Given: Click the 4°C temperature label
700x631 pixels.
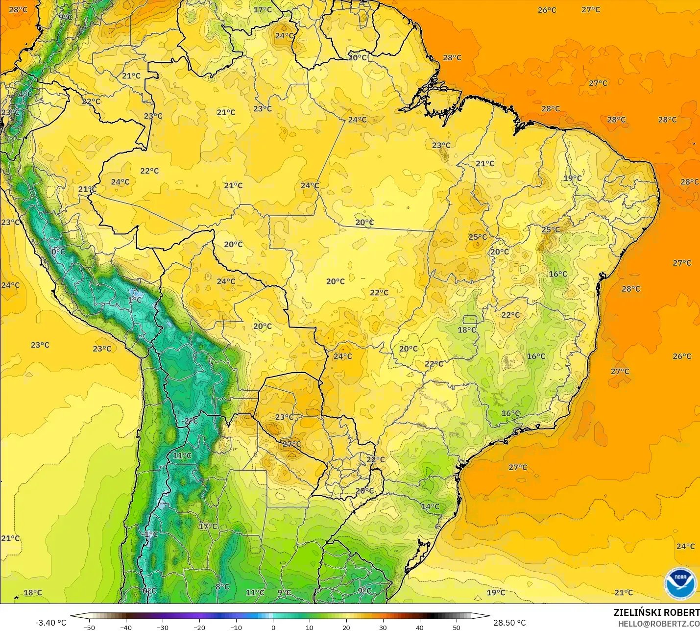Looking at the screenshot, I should [25, 94].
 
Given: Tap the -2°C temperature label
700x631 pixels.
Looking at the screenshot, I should [190, 421].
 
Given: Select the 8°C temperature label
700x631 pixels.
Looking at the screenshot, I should [222, 587].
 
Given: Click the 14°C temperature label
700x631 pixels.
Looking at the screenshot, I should [431, 506].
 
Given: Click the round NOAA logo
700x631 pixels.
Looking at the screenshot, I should [680, 583].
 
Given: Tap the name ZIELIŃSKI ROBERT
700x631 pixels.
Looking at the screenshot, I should [656, 613].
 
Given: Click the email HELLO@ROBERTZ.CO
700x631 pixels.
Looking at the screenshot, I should [658, 624].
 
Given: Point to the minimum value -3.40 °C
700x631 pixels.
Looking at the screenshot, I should [50, 623].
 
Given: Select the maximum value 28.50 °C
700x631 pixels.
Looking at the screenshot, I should [509, 623].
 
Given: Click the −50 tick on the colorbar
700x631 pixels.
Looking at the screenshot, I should [89, 627].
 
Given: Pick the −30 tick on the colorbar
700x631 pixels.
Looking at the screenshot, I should [163, 627].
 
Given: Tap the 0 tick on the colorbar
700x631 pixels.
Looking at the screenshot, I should [273, 627].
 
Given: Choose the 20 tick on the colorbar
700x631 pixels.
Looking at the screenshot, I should [346, 627].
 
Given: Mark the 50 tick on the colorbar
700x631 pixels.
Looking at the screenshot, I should [457, 627].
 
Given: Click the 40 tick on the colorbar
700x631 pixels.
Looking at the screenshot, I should [420, 627].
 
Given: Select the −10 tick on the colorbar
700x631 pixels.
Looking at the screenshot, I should [236, 627].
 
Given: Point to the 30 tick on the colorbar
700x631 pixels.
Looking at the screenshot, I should [383, 627].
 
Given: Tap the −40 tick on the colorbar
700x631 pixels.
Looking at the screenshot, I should [126, 627].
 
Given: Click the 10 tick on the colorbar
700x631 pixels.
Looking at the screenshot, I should [310, 627].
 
